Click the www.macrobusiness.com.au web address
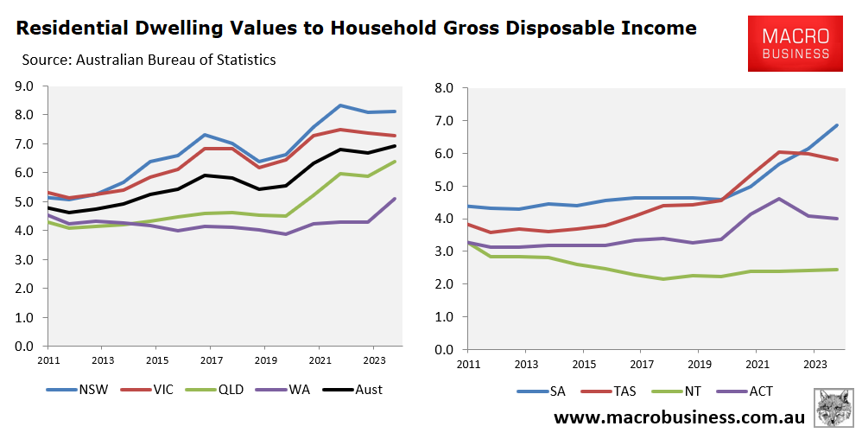tap(679, 417)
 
